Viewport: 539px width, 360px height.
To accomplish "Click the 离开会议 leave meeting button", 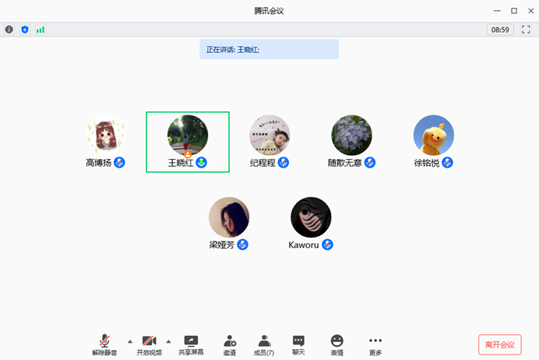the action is coord(500,344).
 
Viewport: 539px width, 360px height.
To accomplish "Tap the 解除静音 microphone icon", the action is coord(104,341).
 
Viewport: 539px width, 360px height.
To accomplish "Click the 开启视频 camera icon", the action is coord(150,341).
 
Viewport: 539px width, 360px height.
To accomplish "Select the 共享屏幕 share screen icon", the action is coord(191,341).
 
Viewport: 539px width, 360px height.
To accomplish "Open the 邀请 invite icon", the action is coord(230,341).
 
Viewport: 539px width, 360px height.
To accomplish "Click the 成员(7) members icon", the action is coord(264,341).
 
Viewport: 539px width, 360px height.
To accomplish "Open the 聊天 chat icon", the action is coord(298,341).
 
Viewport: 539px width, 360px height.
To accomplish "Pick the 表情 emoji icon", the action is coord(336,341).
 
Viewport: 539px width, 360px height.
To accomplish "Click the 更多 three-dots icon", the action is coord(375,341).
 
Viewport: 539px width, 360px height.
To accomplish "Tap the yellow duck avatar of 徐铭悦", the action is coord(434,135).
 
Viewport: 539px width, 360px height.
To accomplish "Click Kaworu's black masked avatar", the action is coord(311,217).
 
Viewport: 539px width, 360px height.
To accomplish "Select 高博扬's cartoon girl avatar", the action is coord(105,135).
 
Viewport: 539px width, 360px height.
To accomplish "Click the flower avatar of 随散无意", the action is coord(351,135).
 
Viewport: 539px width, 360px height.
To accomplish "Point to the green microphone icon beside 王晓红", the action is coord(201,162).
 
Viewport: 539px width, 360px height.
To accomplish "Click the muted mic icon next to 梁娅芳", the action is coord(243,245).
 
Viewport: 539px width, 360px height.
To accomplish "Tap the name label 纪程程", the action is coord(262,163).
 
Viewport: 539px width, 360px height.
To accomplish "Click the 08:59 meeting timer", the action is coord(500,30).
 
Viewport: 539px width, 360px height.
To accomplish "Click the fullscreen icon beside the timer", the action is coord(526,30).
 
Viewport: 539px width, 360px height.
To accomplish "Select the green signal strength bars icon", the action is coord(41,30).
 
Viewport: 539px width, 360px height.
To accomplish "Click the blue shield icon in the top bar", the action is coord(25,30).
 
